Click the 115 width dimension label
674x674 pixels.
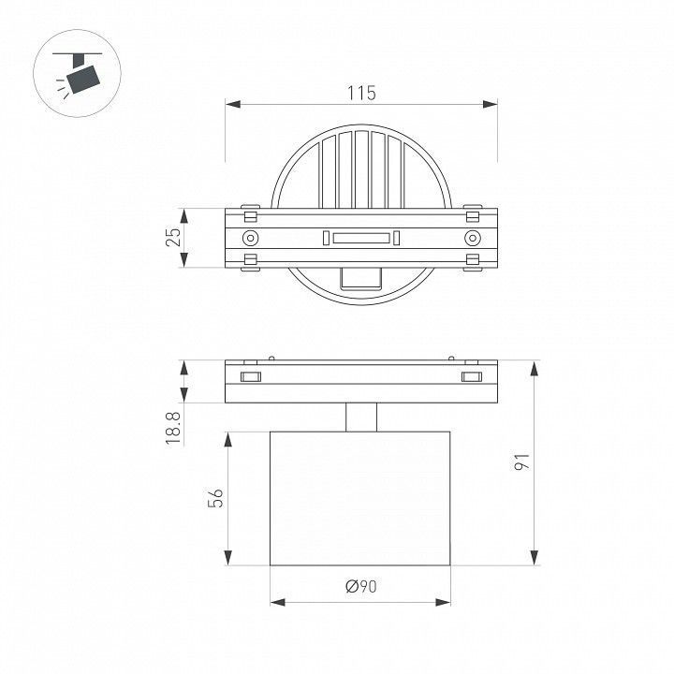click(x=361, y=93)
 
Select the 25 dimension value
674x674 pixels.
click(x=173, y=237)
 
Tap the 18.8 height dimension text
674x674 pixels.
click(x=173, y=428)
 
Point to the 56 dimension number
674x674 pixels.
click(x=215, y=498)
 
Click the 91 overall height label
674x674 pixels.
click(x=522, y=462)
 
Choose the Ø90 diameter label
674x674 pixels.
click(x=361, y=586)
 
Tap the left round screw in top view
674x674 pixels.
click(x=251, y=238)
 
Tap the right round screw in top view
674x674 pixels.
click(x=473, y=238)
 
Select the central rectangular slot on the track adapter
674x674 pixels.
click(x=361, y=238)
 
